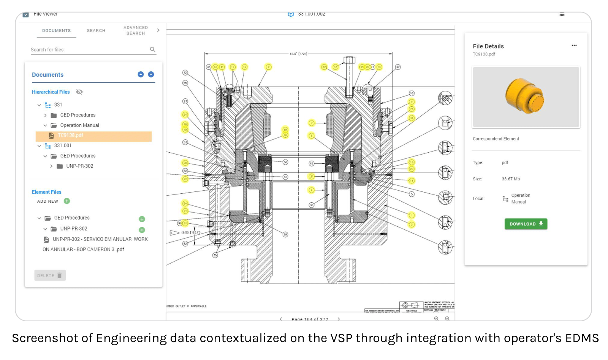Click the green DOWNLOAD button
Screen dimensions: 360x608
(526, 224)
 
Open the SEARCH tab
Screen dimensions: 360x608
(96, 31)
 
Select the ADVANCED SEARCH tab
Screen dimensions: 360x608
(136, 30)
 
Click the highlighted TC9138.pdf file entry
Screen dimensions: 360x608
(71, 136)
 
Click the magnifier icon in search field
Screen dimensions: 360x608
(152, 49)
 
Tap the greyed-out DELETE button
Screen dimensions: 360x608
(50, 275)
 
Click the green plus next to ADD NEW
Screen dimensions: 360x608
(67, 201)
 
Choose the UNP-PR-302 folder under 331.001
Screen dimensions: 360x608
(79, 166)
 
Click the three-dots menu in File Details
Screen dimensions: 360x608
(574, 46)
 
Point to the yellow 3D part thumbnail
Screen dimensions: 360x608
(526, 97)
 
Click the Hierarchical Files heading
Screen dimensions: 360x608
(51, 92)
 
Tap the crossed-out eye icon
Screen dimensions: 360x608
(79, 92)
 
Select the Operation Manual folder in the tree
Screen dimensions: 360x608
(79, 125)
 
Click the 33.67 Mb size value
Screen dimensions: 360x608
(510, 179)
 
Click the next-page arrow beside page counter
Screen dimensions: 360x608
(339, 319)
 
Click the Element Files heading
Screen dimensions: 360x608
(46, 192)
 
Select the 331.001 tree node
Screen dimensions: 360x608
(63, 145)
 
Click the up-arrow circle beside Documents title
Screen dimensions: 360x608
(141, 74)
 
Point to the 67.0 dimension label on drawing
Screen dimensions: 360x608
(298, 54)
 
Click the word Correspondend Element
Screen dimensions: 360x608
(496, 139)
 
